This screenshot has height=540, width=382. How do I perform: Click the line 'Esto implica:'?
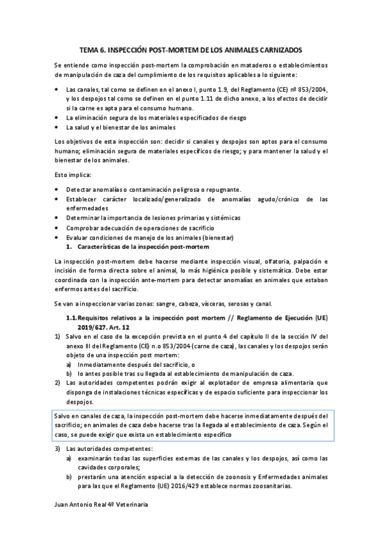coord(73,175)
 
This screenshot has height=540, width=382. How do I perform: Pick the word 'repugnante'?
coord(222,190)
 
